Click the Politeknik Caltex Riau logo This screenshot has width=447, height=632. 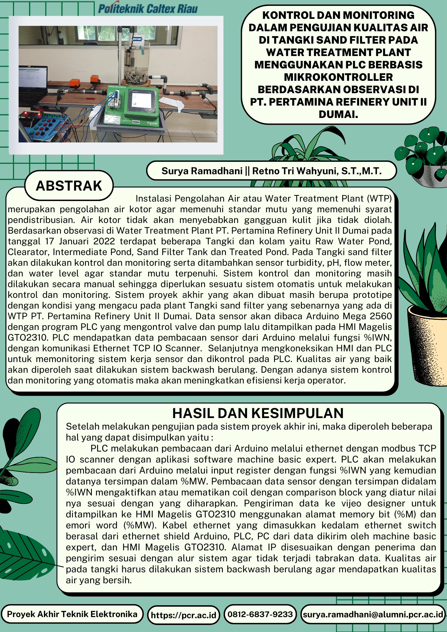(148, 8)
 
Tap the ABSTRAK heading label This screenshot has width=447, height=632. (69, 186)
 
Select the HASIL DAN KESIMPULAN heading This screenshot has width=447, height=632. (258, 413)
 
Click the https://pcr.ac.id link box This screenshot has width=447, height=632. (183, 615)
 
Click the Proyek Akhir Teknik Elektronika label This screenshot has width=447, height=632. (72, 614)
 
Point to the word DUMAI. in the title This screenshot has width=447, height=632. (338, 114)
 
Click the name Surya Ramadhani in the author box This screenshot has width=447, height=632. (202, 171)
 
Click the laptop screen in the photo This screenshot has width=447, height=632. (32, 77)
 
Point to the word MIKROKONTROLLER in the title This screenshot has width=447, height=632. (338, 77)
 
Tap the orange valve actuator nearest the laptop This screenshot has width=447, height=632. (75, 82)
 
